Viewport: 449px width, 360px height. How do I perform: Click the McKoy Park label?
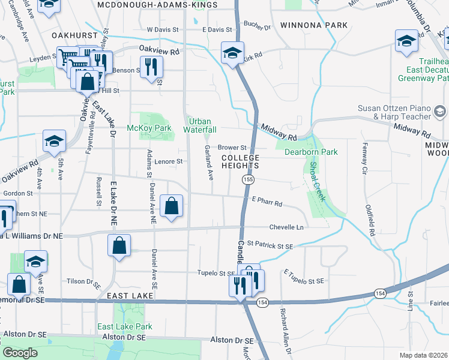[x=149, y=128]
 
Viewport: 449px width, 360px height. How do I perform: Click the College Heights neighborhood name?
[x=240, y=161]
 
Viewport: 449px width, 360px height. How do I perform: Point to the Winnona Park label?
[x=313, y=26]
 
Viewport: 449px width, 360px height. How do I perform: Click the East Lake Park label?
[x=125, y=326]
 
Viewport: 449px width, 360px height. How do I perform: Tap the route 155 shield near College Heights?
[x=247, y=179]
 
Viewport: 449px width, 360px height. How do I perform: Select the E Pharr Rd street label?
[x=267, y=203]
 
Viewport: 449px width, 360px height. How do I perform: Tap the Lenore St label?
[x=168, y=161]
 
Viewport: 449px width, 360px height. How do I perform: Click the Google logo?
[x=20, y=353]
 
